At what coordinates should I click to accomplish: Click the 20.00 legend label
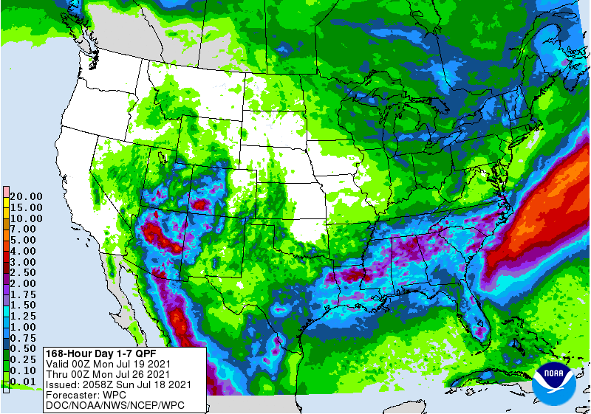point(25,196)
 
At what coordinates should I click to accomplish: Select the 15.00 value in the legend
point(25,207)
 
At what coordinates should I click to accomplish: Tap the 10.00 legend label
point(25,218)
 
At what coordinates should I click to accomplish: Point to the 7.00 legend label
point(25,230)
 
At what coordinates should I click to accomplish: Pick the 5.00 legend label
point(25,240)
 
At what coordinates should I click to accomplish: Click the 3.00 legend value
point(25,262)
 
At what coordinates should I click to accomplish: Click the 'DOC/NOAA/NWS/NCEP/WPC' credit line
point(115,406)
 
